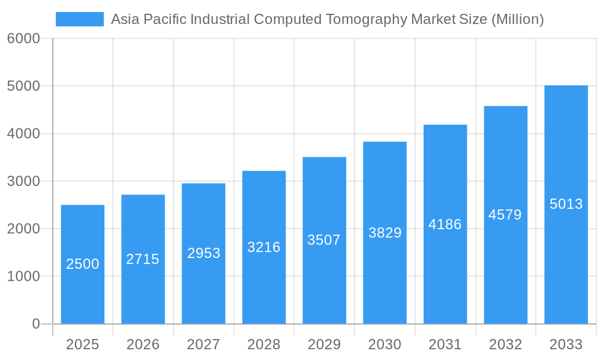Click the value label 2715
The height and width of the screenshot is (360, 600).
point(143,259)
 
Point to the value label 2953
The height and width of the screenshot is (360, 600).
point(203,253)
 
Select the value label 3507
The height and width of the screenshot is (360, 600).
point(324,240)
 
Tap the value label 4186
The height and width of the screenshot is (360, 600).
point(445,224)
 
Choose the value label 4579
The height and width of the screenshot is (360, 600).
point(505,215)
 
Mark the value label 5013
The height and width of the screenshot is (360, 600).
point(566,204)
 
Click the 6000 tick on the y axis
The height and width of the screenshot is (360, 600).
point(23,38)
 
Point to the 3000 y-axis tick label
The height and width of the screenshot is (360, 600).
point(23,181)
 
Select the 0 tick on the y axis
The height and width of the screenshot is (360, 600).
point(35,324)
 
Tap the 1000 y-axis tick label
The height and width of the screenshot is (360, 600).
point(23,277)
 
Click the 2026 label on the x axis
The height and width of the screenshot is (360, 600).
point(143,344)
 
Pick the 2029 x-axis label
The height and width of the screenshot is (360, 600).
point(324,344)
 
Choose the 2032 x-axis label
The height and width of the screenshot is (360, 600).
point(505,344)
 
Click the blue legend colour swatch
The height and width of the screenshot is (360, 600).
point(80,19)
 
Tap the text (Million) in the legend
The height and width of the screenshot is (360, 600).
point(517,19)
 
